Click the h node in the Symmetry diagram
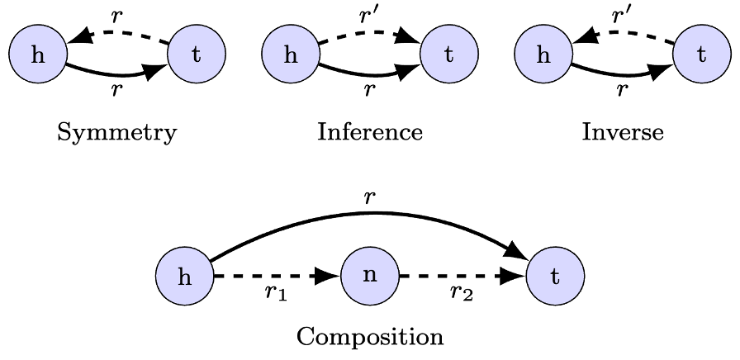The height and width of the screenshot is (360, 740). [37, 55]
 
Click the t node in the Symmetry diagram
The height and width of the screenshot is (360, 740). [196, 55]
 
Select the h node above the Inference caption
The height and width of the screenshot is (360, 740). [290, 55]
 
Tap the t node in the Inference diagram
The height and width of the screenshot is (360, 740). [448, 55]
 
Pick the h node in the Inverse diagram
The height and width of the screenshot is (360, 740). [543, 55]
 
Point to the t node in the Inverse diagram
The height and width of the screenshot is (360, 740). [701, 55]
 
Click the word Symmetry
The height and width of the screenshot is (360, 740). [116, 133]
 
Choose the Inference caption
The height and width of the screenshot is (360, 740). [369, 132]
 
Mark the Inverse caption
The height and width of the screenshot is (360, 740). [622, 132]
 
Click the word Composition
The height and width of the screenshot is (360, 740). [369, 337]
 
